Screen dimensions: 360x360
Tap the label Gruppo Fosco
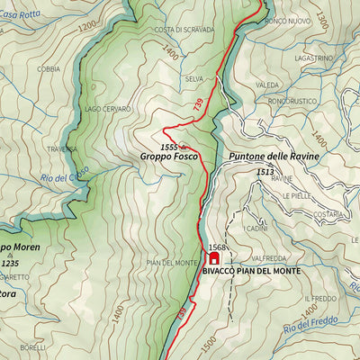tap(167, 157)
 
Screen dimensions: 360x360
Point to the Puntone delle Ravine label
tap(274, 157)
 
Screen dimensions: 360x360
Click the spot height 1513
tap(264, 171)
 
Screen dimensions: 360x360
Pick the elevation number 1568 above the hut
tap(216, 247)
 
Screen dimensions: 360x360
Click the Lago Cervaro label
tap(108, 109)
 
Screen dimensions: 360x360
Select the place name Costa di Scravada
tap(183, 30)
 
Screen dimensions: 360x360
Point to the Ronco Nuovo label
tap(288, 20)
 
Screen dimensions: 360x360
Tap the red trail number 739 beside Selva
tap(198, 104)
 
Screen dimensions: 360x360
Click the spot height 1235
tap(10, 263)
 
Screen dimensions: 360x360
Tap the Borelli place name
tap(32, 347)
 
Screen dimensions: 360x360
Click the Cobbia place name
tap(49, 68)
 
